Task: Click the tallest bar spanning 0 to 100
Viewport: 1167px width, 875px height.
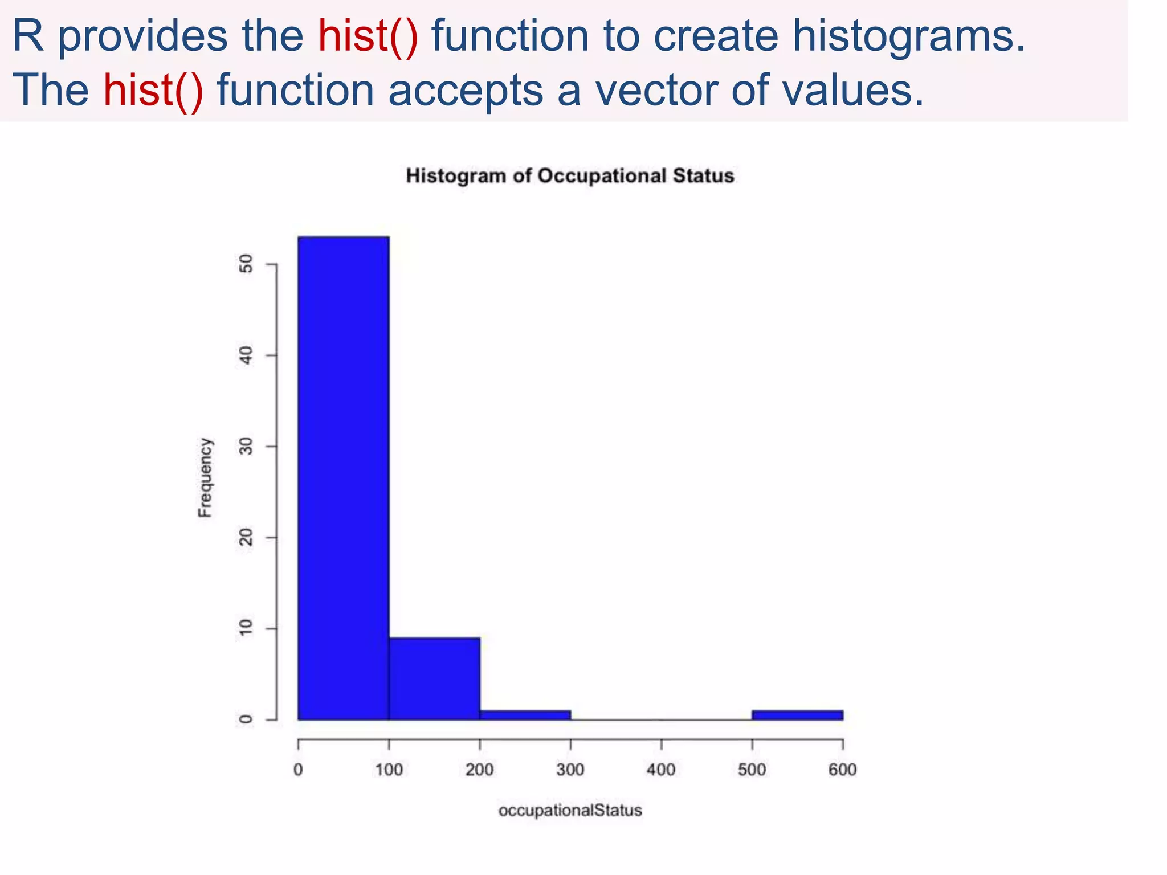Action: coord(343,479)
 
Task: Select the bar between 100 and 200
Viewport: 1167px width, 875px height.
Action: coord(434,679)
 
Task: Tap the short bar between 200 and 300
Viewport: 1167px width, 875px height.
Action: coord(525,715)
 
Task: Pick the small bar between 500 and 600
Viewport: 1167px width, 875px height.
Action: coord(797,715)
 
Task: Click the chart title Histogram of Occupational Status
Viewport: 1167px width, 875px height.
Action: coord(570,176)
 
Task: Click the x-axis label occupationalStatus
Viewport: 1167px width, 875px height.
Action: coord(570,810)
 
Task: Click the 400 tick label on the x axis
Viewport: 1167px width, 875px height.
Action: coord(661,770)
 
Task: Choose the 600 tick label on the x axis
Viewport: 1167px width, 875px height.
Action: coord(842,770)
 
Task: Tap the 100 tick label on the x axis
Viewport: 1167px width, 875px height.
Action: coord(389,770)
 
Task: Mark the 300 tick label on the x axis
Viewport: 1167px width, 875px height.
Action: coord(570,770)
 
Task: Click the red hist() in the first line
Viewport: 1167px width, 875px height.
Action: coord(368,36)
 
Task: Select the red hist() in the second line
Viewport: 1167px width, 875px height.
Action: coord(153,91)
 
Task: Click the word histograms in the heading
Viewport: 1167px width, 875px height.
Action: coord(908,36)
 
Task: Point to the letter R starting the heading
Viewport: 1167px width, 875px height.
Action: coord(27,36)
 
